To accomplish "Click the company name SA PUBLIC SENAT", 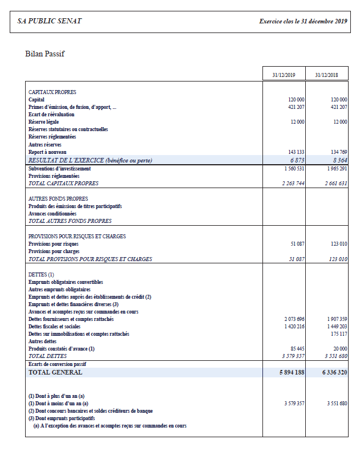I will (50, 21).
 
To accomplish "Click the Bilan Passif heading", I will (45, 54).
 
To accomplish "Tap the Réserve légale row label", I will (44, 122).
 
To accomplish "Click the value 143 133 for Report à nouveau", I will (294, 152).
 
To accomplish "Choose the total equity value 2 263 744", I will (293, 184).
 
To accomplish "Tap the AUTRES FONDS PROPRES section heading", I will (58, 198).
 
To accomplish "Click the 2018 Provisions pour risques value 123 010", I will (337, 244).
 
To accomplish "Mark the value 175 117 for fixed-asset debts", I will (338, 333).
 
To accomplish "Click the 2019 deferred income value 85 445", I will (297, 348).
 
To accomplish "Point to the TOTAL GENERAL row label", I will (55, 372).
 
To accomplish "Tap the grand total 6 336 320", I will (334, 372).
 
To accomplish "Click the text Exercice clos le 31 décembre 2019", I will (303, 21).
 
